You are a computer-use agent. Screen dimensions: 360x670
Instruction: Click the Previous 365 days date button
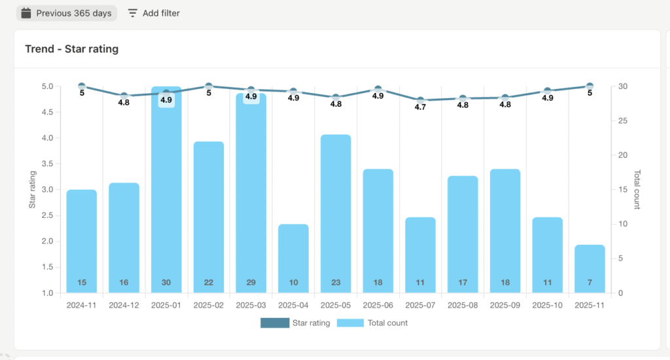pyautogui.click(x=66, y=13)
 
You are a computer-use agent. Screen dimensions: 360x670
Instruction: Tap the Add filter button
pyautogui.click(x=154, y=13)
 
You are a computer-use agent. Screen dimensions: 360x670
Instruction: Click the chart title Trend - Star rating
pyautogui.click(x=71, y=48)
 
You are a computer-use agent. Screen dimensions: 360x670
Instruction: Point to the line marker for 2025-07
pyautogui.click(x=420, y=100)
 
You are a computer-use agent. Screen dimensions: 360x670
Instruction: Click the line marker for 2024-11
pyautogui.click(x=82, y=86)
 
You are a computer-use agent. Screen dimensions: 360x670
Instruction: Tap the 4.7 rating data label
pyautogui.click(x=420, y=107)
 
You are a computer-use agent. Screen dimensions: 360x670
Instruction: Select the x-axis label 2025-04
pyautogui.click(x=293, y=305)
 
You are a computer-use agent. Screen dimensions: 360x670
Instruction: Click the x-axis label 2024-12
pyautogui.click(x=124, y=305)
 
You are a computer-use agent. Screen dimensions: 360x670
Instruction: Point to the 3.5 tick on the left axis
pyautogui.click(x=48, y=164)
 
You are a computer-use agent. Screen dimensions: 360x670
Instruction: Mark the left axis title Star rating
pyautogui.click(x=32, y=190)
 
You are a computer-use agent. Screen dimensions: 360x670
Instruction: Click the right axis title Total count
pyautogui.click(x=637, y=190)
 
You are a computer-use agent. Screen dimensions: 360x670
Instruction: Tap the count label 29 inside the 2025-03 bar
pyautogui.click(x=251, y=283)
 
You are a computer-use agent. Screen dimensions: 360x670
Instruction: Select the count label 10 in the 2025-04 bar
pyautogui.click(x=293, y=283)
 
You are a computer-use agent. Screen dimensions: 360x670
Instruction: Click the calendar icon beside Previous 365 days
pyautogui.click(x=26, y=13)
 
